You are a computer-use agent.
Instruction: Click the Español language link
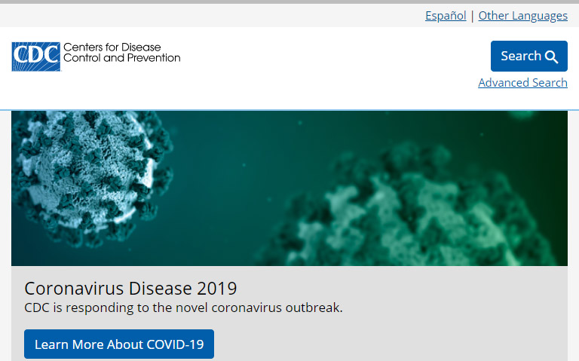click(x=446, y=16)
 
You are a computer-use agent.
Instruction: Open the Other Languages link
click(x=522, y=16)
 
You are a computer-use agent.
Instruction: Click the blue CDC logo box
click(x=35, y=57)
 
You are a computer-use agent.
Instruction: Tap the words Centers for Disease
click(x=112, y=47)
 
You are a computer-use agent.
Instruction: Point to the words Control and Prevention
click(x=121, y=58)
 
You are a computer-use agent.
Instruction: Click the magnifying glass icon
click(x=552, y=57)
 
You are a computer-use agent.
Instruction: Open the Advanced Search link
click(x=522, y=83)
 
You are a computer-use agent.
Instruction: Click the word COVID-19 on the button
click(x=175, y=344)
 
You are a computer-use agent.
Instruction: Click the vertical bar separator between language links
click(x=472, y=16)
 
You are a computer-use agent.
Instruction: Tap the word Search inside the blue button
click(x=521, y=57)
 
